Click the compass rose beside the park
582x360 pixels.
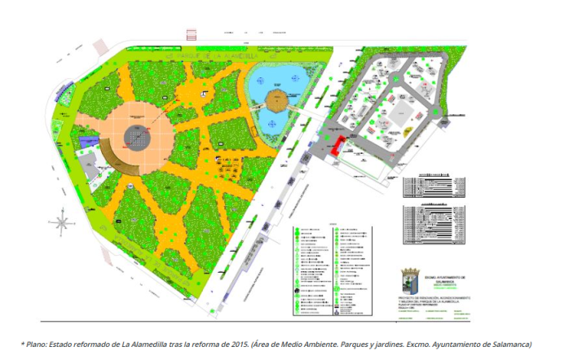point(60,219)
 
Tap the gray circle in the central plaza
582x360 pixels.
point(138,138)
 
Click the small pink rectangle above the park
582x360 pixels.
point(192,35)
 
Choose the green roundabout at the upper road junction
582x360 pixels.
point(395,79)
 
